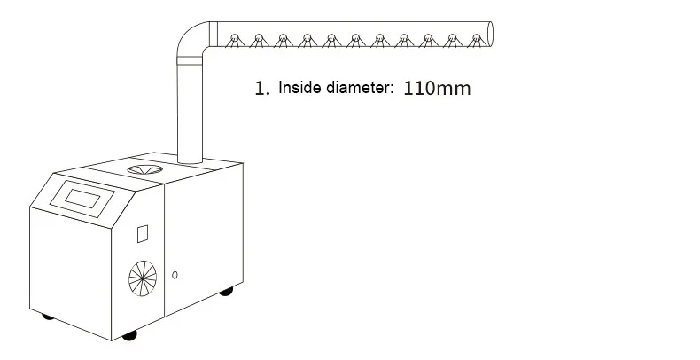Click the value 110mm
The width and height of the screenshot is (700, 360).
pyautogui.click(x=437, y=89)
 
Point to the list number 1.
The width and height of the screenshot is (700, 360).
pyautogui.click(x=261, y=89)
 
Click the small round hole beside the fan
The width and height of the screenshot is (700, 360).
pyautogui.click(x=175, y=274)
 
